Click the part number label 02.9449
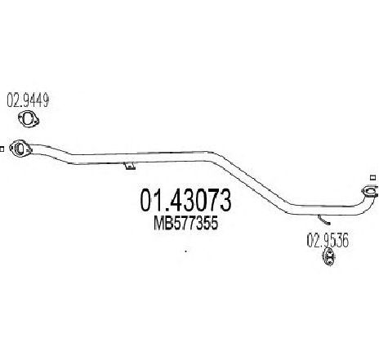(28, 100)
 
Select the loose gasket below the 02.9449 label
(29, 119)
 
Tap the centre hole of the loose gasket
(28, 118)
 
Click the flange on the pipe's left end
(20, 149)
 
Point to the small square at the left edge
(2, 149)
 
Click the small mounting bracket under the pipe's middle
(130, 166)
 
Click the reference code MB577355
(186, 224)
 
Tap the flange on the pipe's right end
(368, 191)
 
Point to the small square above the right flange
(373, 177)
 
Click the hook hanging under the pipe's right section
(324, 220)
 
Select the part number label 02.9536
(328, 241)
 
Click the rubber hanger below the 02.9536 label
(328, 256)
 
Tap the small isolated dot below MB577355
(186, 251)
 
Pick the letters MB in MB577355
(163, 224)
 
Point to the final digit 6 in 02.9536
(345, 241)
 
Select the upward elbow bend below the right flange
(364, 205)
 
